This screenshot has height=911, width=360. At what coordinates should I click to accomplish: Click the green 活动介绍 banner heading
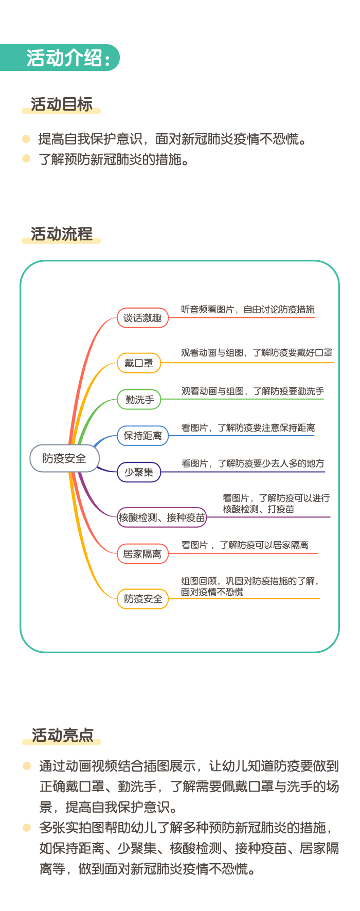(x=60, y=58)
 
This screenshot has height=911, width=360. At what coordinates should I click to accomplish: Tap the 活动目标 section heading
(x=62, y=104)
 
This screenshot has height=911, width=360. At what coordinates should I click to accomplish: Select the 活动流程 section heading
(x=62, y=234)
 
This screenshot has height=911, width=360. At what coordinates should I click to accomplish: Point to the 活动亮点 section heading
(x=62, y=736)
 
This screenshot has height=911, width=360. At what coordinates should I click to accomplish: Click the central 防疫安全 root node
(x=64, y=458)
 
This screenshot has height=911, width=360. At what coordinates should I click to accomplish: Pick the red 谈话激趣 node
(x=142, y=318)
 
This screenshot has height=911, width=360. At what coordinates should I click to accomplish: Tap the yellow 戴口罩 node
(x=139, y=363)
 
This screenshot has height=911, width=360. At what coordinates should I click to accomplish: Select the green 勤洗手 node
(x=139, y=400)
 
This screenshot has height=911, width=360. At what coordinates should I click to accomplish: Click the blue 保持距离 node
(x=142, y=436)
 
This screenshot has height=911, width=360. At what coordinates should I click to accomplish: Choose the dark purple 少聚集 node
(x=139, y=472)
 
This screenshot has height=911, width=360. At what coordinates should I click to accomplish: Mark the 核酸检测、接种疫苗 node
(x=162, y=517)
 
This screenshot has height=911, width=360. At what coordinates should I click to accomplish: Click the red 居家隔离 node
(x=142, y=554)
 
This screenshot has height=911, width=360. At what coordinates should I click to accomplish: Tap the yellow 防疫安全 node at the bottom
(x=142, y=599)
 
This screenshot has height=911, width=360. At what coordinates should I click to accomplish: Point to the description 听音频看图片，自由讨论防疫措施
(x=247, y=310)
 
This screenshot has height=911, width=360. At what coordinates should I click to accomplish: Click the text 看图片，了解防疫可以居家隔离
(x=245, y=545)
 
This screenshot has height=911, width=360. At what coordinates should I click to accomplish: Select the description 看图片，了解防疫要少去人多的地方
(x=253, y=464)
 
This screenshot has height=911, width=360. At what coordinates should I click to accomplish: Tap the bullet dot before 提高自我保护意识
(x=27, y=139)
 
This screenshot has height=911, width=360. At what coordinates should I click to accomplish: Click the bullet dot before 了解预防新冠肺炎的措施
(x=27, y=158)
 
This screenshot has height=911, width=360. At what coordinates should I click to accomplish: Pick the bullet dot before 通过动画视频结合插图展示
(x=27, y=766)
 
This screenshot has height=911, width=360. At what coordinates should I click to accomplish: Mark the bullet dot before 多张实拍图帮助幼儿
(x=27, y=828)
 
